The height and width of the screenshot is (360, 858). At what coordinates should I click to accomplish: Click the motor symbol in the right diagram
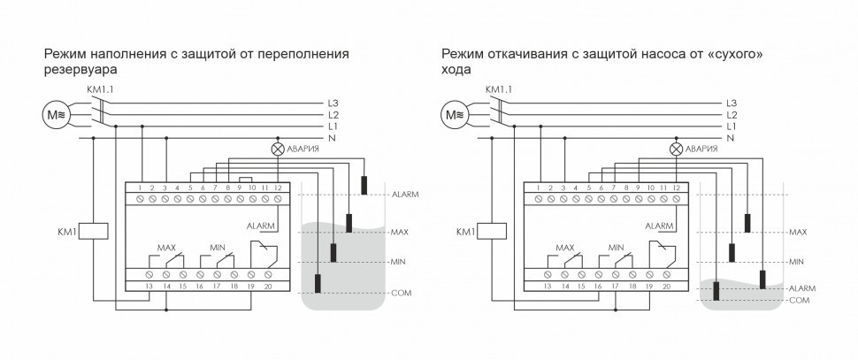pos(456,113)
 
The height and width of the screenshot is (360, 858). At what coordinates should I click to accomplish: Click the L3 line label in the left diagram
pos(333,103)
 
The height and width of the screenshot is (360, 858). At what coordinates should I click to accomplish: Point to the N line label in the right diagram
pos(731,139)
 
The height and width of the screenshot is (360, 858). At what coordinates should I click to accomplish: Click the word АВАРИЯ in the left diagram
pos(303,149)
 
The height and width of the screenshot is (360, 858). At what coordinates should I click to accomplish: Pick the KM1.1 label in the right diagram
pos(498,88)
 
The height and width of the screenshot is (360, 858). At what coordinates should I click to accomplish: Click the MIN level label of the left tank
pos(397,262)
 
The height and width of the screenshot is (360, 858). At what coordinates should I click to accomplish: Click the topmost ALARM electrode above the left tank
pos(364,185)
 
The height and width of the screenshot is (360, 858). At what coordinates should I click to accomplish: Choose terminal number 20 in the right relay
pos(667,287)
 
